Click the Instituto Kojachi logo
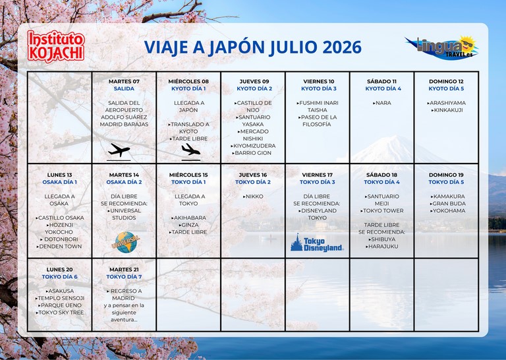pos(56,46)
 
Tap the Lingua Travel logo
pos(442,47)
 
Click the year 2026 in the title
pos(342,47)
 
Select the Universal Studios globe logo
pos(126,242)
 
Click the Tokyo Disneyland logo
pos(317,243)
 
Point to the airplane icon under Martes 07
pos(119,151)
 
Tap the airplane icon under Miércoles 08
pos(190,151)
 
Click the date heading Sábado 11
pos(381,81)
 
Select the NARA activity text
pos(382,103)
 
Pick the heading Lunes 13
pos(60,175)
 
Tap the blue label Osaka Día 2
pos(125,182)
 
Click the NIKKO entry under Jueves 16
pos(253,196)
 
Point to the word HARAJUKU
pos(383,247)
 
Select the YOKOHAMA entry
pos(448,210)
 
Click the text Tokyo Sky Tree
pos(61,313)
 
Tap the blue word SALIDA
pos(124,88)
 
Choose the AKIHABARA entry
pos(189,218)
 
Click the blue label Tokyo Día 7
pos(125,277)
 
